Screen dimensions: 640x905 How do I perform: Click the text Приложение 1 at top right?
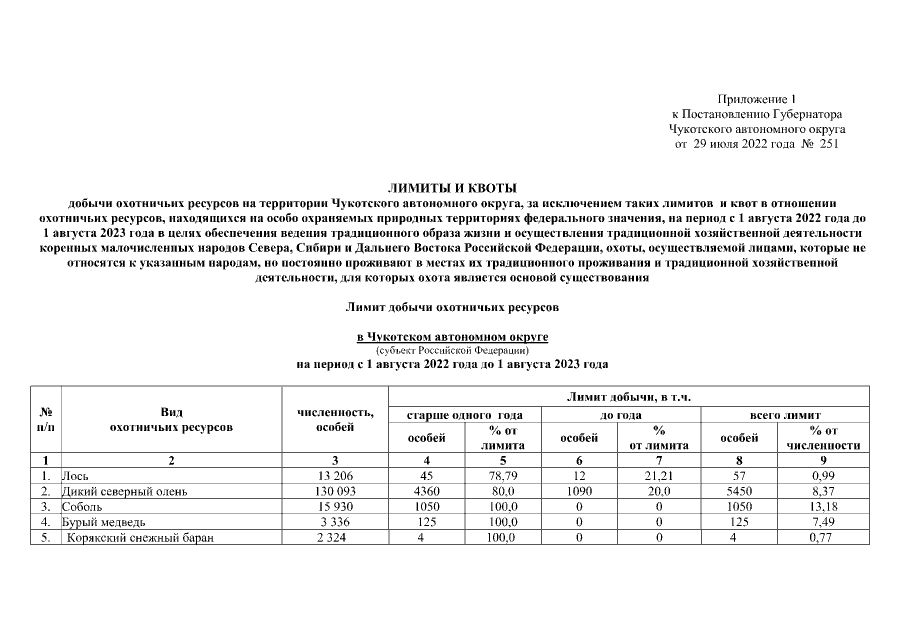click(756, 99)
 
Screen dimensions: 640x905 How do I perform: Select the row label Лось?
click(74, 477)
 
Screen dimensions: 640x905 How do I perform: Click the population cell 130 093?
click(337, 492)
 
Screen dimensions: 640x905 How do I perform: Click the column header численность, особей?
click(336, 420)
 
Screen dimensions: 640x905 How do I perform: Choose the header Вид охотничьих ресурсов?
click(171, 420)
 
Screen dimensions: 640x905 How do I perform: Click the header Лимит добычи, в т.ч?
click(629, 397)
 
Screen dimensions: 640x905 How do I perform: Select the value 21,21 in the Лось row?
click(659, 477)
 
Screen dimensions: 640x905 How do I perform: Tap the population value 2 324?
click(337, 537)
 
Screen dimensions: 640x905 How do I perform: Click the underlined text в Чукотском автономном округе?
click(452, 338)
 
